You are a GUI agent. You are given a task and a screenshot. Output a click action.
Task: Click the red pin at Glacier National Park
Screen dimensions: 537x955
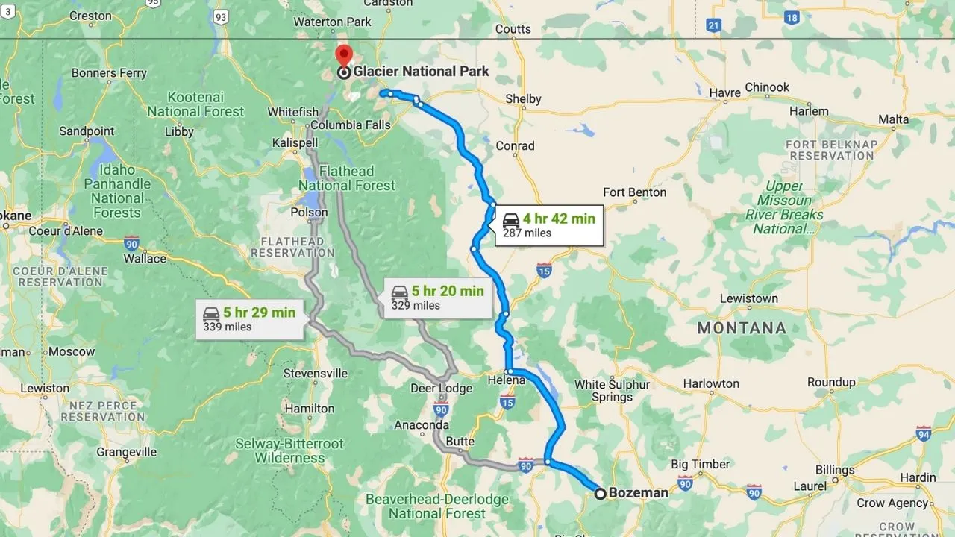tap(343, 55)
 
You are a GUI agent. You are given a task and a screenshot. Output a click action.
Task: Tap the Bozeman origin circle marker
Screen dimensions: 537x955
tap(600, 493)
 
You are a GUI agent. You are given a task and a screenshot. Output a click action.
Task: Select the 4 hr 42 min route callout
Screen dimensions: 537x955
tap(548, 225)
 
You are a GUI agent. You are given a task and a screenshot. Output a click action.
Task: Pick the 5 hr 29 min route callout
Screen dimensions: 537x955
tap(249, 319)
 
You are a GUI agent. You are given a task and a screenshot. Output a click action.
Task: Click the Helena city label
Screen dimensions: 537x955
tap(507, 380)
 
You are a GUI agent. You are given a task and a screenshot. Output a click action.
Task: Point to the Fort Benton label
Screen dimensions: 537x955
tap(634, 192)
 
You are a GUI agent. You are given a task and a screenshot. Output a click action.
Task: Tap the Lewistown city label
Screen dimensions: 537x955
tap(748, 298)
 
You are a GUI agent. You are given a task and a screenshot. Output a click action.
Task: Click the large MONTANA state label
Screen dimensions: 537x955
tap(742, 328)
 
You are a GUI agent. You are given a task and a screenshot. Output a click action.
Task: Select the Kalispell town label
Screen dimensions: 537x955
tap(295, 142)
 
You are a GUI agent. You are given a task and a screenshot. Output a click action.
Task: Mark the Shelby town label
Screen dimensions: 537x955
tap(523, 99)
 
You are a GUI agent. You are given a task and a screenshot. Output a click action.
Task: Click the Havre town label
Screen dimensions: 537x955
tap(724, 92)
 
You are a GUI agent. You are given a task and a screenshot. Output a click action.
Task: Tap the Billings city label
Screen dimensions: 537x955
tap(834, 471)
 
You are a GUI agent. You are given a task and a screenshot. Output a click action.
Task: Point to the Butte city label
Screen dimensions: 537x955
tap(460, 441)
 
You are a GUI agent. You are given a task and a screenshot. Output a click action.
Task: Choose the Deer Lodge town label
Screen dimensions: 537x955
tap(441, 388)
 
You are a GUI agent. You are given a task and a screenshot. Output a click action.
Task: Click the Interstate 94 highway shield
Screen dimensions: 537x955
tap(924, 433)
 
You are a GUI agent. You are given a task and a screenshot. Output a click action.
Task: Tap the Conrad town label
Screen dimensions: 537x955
tap(515, 146)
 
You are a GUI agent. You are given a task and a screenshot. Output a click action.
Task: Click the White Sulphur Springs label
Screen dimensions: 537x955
tap(612, 391)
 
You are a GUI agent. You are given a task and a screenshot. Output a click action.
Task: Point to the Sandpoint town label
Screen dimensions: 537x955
tap(87, 131)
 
